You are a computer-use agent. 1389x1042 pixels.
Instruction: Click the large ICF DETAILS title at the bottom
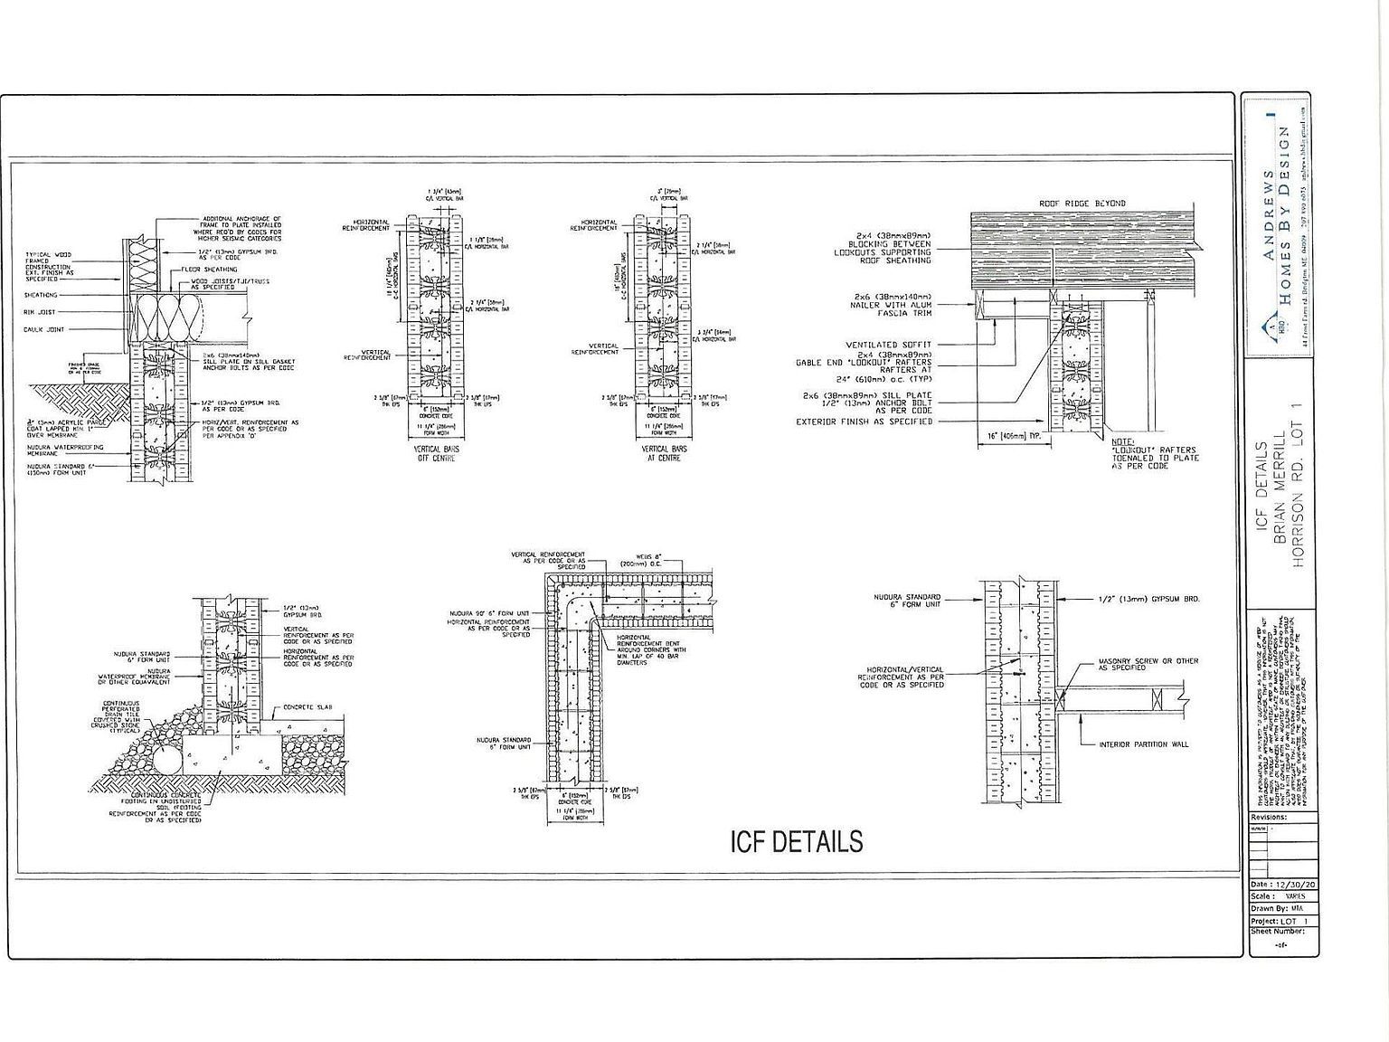pos(796,842)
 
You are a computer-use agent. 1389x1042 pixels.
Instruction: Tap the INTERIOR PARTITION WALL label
pos(1144,744)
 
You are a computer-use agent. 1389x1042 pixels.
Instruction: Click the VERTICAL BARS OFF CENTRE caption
pos(435,453)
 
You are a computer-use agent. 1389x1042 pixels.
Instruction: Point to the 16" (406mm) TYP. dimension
pos(1014,436)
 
